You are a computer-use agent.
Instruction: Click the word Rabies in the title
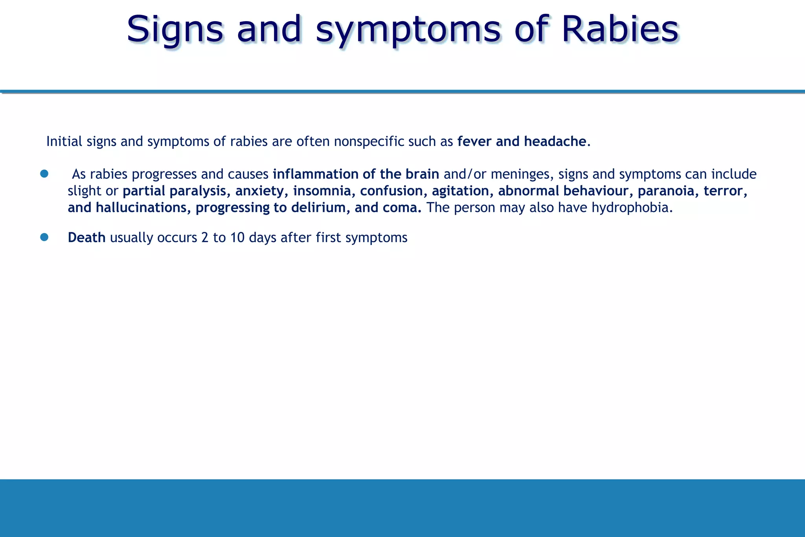[620, 29]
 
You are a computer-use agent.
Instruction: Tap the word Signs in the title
[175, 29]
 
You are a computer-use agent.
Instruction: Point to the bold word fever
[474, 142]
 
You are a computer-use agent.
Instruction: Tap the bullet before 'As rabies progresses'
[44, 174]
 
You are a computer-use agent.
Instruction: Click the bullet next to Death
[44, 237]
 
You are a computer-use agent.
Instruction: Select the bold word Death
[86, 237]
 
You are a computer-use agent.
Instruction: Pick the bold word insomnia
[322, 191]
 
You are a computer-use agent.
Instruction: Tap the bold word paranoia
[666, 191]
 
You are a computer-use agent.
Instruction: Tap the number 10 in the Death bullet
[237, 237]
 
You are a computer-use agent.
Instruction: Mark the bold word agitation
[460, 191]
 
